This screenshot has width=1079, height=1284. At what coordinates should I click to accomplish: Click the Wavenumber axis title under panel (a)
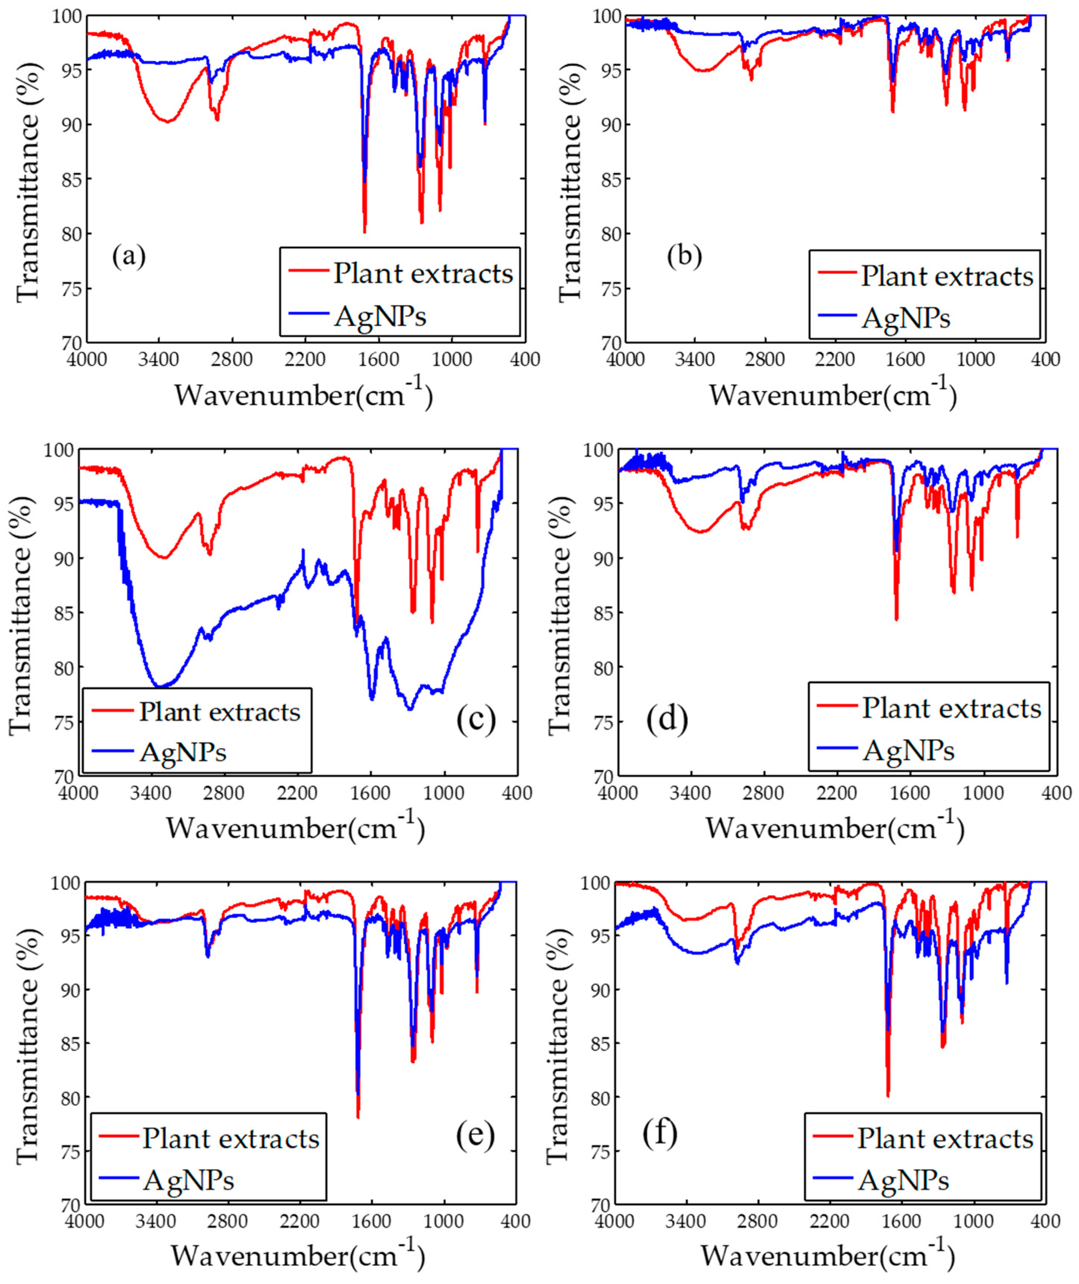pyautogui.click(x=304, y=395)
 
